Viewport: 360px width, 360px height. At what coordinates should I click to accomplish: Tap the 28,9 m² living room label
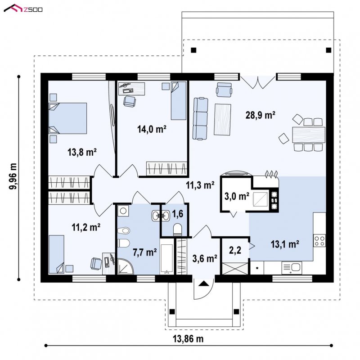pyautogui.click(x=261, y=115)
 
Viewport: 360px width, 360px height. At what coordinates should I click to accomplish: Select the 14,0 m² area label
pyautogui.click(x=152, y=129)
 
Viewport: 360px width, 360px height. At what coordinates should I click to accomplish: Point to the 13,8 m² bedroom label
pyautogui.click(x=82, y=152)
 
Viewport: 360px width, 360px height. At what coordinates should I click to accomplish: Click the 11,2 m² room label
pyautogui.click(x=86, y=227)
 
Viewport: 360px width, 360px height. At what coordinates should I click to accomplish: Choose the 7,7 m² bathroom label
pyautogui.click(x=145, y=252)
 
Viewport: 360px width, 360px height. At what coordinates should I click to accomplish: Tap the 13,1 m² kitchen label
pyautogui.click(x=285, y=244)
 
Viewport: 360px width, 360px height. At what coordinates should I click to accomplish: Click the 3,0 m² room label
pyautogui.click(x=237, y=196)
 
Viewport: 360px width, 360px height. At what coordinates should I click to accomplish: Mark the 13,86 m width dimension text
pyautogui.click(x=188, y=339)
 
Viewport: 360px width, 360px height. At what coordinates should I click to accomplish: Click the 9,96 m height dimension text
pyautogui.click(x=13, y=176)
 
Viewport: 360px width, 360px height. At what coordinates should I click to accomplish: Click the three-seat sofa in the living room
pyautogui.click(x=200, y=118)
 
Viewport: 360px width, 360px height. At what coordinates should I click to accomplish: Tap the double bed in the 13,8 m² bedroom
pyautogui.click(x=68, y=118)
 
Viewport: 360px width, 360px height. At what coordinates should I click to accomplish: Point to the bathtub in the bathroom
pyautogui.click(x=166, y=258)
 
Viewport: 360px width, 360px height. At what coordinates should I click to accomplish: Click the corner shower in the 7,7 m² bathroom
pyautogui.click(x=126, y=266)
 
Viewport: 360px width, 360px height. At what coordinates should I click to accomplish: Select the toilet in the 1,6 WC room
pyautogui.click(x=177, y=229)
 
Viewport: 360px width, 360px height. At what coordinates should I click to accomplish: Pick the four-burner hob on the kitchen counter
pyautogui.click(x=319, y=241)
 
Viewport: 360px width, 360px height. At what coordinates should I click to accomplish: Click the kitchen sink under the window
pyautogui.click(x=292, y=267)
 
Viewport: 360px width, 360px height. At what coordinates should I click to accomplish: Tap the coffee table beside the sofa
pyautogui.click(x=222, y=119)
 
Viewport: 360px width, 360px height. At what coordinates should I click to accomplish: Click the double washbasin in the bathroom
pyautogui.click(x=161, y=216)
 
